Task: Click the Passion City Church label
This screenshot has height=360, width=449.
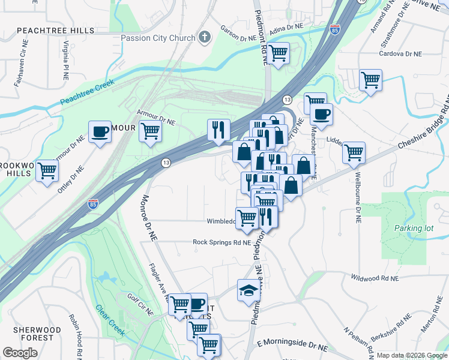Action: point(158,38)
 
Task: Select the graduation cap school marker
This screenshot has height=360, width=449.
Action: point(247,291)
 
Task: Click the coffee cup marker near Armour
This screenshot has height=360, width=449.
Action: point(100,131)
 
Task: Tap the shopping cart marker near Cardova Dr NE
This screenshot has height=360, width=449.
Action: point(370,80)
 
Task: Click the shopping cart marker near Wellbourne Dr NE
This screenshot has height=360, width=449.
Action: point(354,152)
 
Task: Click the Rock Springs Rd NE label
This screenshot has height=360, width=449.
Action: point(221,242)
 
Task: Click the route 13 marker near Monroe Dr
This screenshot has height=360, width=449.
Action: point(165,163)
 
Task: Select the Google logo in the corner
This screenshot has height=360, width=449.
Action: point(20,353)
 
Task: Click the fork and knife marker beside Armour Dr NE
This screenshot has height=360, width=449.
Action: point(218,130)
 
